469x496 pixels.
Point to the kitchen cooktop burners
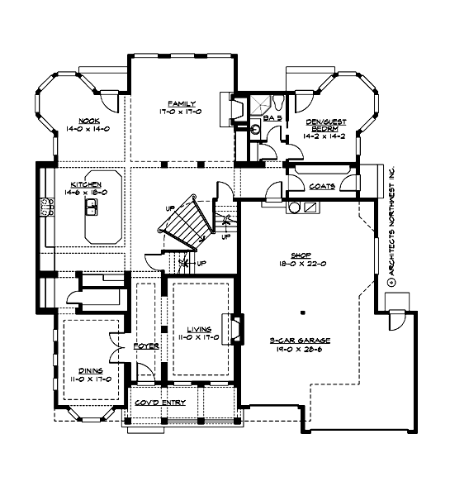tap(44, 212)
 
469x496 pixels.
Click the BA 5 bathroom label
tap(272, 119)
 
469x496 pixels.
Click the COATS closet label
tap(320, 187)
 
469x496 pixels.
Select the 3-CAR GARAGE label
tap(302, 340)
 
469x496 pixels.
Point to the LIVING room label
tap(198, 328)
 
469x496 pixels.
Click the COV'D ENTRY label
tap(161, 403)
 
